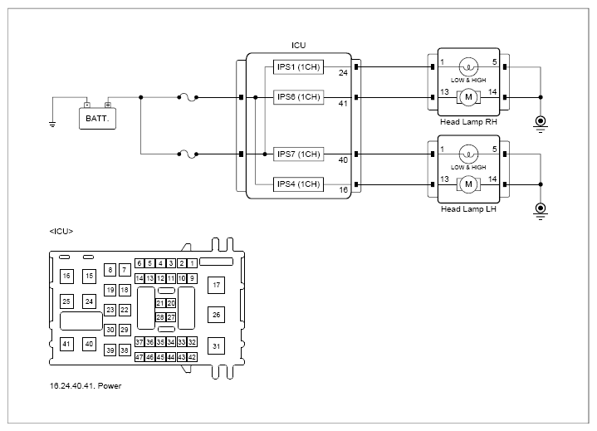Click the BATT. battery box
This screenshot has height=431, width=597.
coord(97,119)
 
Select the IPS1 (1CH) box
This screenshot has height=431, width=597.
coord(299,67)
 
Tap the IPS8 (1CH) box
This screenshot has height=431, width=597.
coord(299,97)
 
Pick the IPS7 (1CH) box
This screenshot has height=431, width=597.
coord(299,154)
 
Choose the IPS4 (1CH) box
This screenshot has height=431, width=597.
coord(299,184)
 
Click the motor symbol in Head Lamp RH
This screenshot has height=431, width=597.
coord(468,97)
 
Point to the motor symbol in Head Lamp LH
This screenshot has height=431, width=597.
coord(468,184)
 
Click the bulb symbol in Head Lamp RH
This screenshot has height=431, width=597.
coord(468,67)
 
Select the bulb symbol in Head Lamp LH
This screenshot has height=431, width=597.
coord(468,154)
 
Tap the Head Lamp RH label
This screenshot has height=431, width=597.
coord(468,122)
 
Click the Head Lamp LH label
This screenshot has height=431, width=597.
coord(468,209)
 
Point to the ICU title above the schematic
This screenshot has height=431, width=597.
coord(299,46)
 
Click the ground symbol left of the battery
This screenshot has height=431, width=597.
coord(52,124)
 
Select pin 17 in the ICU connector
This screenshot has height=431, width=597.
coord(216,285)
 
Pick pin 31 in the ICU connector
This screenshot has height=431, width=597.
coord(216,346)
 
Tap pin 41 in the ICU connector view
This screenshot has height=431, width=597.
coord(66,344)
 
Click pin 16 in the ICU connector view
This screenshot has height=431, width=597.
coord(66,276)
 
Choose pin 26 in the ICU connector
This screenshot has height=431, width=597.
coord(216,315)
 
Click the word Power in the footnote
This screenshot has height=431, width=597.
coord(110,385)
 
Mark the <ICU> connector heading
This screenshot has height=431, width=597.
coord(61,232)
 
